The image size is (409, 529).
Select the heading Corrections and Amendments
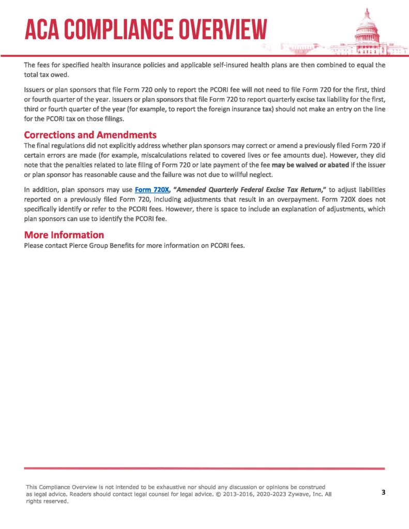tap(90, 135)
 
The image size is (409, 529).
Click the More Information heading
tap(64, 235)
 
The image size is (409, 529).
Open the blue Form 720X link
tap(152, 190)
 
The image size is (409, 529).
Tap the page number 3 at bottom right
tap(384, 492)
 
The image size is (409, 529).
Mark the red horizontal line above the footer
tap(204, 469)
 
